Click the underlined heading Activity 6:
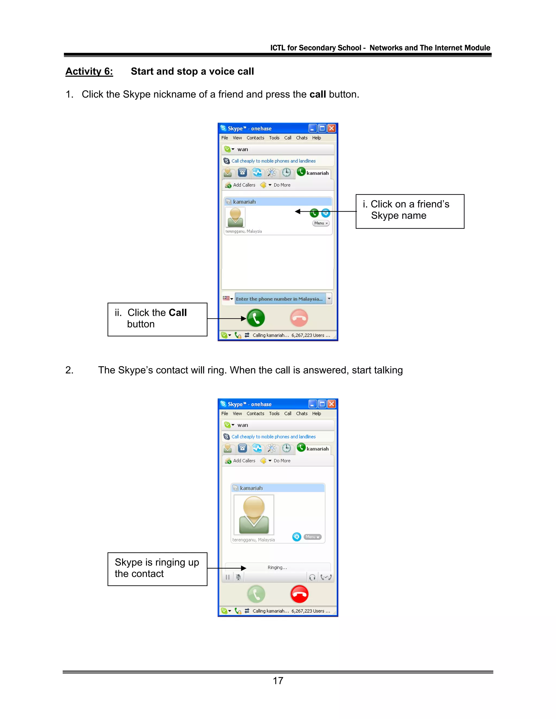[x=89, y=71]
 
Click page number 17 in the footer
[x=278, y=680]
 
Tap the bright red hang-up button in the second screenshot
[x=299, y=594]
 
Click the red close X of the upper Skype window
[x=332, y=128]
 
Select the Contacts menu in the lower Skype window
[x=255, y=413]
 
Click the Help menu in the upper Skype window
[x=317, y=138]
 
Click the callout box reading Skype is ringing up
[x=157, y=569]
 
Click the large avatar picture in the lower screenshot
[x=254, y=514]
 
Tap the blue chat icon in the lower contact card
[x=296, y=537]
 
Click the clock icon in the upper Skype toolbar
[x=286, y=172]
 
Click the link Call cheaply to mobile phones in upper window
[x=273, y=161]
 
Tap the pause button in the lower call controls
[x=228, y=577]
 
